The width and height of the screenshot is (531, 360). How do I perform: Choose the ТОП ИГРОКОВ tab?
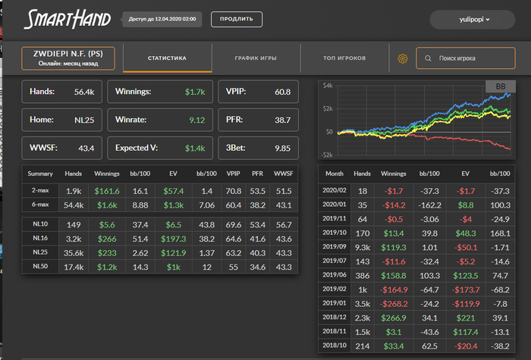[x=344, y=58]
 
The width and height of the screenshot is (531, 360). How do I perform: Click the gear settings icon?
[x=403, y=58]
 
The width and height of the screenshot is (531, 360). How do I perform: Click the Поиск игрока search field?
[x=467, y=58]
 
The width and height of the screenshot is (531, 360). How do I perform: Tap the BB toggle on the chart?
[x=500, y=87]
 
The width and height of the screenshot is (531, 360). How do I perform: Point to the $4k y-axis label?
[x=327, y=86]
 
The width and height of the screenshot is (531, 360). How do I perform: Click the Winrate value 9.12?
[x=196, y=120]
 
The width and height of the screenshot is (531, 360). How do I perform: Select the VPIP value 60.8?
[x=282, y=92]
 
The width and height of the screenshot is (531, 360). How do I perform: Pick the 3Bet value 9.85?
[x=282, y=148]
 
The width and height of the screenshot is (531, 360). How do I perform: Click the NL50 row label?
[x=40, y=266]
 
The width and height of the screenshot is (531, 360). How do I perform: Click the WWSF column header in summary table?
[x=282, y=174]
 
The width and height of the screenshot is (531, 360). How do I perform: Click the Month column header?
[x=334, y=174]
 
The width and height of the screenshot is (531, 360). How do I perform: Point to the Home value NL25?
[x=84, y=120]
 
